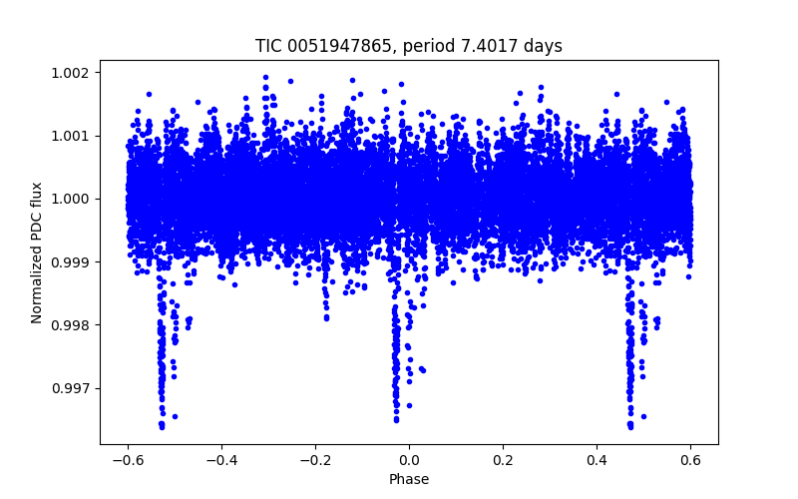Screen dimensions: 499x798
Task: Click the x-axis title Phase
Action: [409, 479]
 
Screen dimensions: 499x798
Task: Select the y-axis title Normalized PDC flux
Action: [37, 251]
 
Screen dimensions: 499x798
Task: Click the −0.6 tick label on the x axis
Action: [127, 459]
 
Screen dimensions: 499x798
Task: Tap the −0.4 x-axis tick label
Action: [220, 459]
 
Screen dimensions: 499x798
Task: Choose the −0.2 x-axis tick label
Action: [314, 459]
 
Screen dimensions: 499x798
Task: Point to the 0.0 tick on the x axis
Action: [409, 459]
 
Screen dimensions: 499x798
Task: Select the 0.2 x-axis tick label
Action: [503, 459]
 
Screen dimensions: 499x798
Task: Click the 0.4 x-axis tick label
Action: [597, 459]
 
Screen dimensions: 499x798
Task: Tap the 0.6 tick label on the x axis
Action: [690, 459]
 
